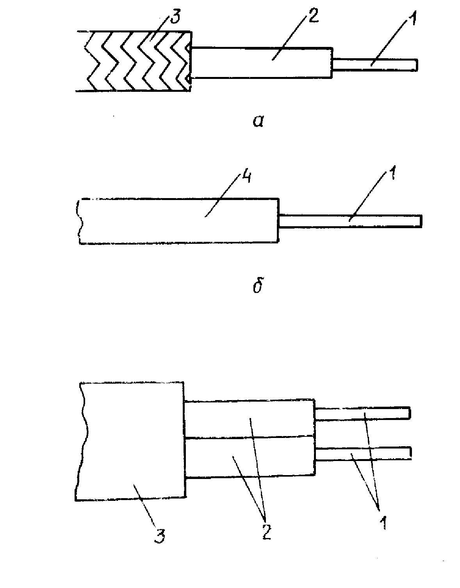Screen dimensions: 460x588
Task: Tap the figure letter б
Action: [x=257, y=286]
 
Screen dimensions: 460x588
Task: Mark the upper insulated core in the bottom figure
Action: [x=250, y=418]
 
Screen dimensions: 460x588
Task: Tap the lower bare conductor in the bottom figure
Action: [x=363, y=453]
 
